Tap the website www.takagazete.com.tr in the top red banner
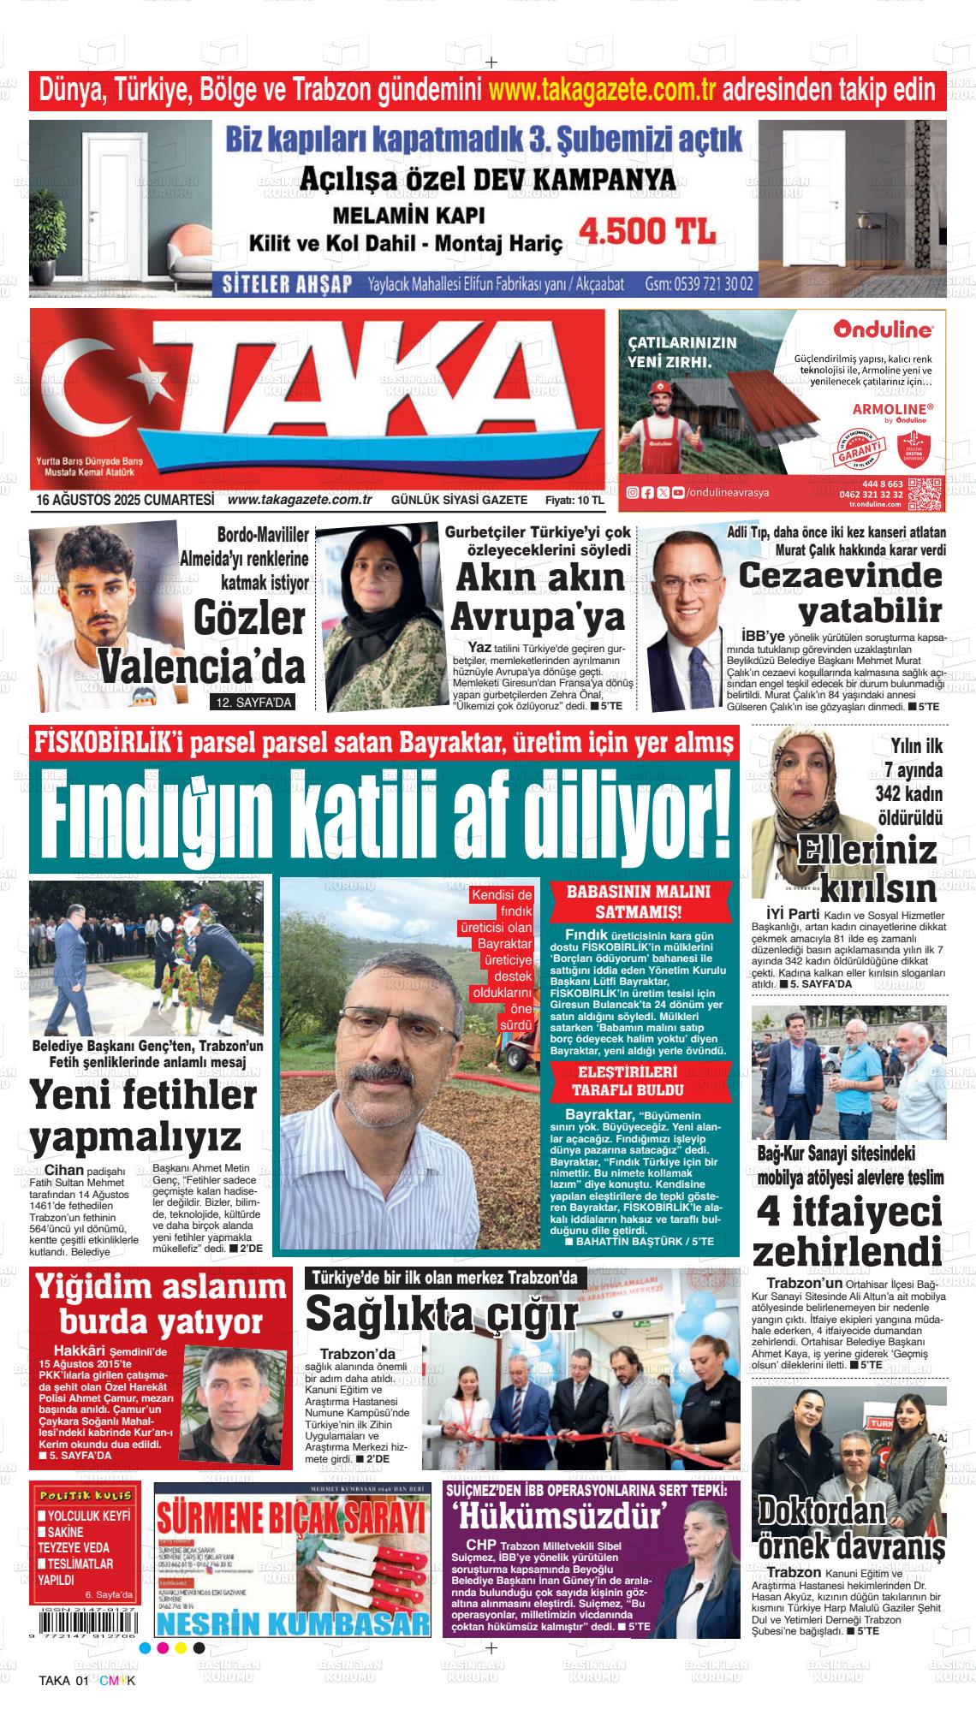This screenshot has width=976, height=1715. point(601,90)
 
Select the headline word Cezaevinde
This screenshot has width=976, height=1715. point(840,575)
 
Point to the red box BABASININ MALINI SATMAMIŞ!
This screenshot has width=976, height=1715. point(639,900)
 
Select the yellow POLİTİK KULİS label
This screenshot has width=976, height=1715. point(84,1519)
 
